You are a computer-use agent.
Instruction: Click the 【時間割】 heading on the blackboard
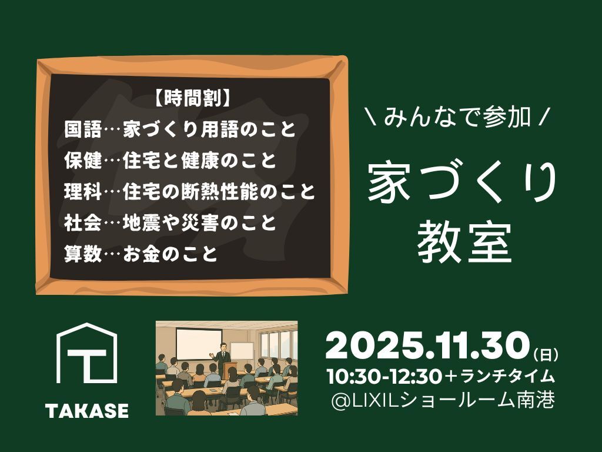point(193,99)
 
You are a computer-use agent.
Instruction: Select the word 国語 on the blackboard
point(83,129)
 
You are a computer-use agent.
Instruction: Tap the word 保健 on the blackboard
point(83,160)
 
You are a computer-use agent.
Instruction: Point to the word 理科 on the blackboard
point(83,191)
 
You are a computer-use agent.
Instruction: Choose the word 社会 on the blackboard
point(83,222)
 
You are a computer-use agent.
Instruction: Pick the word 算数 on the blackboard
point(83,253)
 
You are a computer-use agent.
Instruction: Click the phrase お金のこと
point(170,253)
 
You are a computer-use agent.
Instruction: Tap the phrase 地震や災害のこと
point(199,222)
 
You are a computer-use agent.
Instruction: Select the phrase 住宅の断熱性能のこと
point(219,191)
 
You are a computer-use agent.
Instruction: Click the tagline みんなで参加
point(457,117)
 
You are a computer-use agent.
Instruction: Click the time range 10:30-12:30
point(384,377)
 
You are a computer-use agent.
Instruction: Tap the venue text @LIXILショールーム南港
point(443,400)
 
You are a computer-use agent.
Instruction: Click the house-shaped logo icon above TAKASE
point(87,353)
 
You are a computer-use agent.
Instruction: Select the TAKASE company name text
point(87,410)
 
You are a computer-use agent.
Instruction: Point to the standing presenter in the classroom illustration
point(222,357)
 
